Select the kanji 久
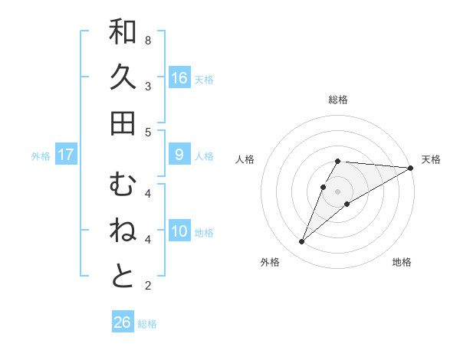pos(123,77)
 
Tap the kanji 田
pos(123,123)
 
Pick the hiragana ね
pos(123,231)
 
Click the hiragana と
pos(123,277)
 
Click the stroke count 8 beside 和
pos(147,40)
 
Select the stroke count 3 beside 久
pos(147,86)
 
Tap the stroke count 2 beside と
pos(147,286)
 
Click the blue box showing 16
pos(179,77)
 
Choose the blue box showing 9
pos(179,155)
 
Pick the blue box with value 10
pos(179,231)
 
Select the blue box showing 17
pos(66,155)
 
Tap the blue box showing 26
pos(122,322)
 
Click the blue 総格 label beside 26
pos(147,324)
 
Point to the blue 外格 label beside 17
pos(41,156)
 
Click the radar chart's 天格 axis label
pos(431,159)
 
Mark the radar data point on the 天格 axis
pos(411,168)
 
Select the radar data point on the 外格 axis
pos(302,242)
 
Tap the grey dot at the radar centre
pos(338,191)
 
